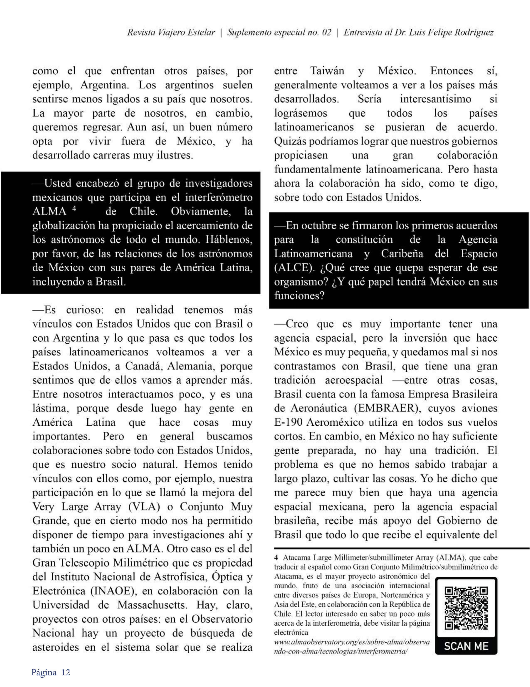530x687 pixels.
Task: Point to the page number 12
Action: coord(66,672)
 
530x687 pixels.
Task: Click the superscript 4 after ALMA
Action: coord(74,208)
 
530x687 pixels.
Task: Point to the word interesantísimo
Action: coord(435,99)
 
